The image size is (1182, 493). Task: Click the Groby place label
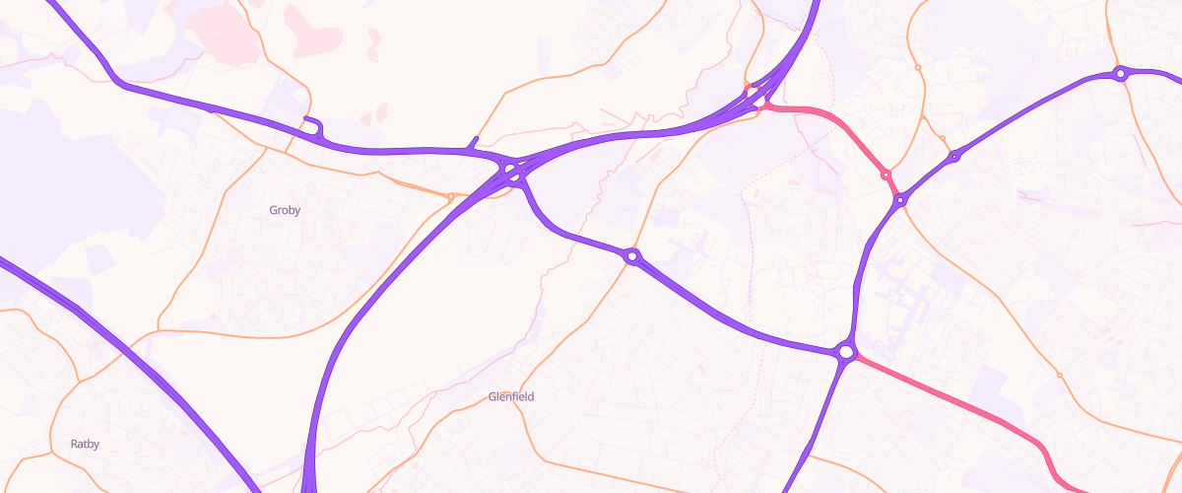285,210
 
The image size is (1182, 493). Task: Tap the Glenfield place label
511,397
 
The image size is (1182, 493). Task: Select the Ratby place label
85,445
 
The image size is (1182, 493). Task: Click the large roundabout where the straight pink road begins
845,352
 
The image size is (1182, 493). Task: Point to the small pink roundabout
886,175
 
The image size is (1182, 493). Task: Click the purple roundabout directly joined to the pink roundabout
899,200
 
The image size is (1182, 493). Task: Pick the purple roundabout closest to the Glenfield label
632,256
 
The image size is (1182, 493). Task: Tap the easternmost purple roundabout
1120,73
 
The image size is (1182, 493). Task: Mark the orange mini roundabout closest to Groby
450,197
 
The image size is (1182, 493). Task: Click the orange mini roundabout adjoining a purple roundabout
943,139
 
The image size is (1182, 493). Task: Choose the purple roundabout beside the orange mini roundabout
953,157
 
